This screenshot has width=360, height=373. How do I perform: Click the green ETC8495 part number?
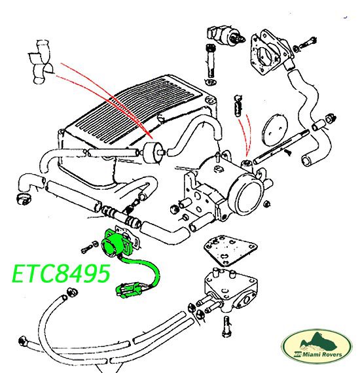point(61,274)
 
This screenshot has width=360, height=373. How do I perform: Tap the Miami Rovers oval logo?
point(317,346)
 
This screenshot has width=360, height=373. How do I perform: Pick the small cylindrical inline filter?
point(152,152)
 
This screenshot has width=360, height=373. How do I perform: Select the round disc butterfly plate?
point(275,130)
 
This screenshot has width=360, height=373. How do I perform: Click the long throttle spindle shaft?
point(281,147)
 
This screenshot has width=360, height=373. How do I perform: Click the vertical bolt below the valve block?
point(226,327)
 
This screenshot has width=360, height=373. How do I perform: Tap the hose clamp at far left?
point(24,199)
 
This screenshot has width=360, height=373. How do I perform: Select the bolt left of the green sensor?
point(89,247)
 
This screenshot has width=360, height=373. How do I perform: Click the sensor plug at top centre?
point(226,34)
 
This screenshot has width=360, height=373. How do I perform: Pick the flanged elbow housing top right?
point(271,53)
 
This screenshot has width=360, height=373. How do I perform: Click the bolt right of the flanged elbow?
point(305,44)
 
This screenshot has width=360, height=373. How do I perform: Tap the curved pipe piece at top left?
point(41,62)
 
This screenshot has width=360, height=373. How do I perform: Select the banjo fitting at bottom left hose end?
point(23,342)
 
